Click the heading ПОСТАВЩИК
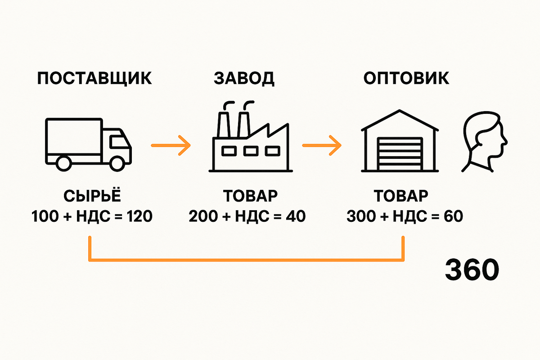94,78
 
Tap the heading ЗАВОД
244,78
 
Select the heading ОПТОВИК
406,78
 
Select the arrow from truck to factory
171,145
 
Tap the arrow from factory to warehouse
322,145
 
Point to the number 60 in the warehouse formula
453,217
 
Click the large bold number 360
472,270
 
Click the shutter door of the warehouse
400,154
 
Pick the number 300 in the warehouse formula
360,217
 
